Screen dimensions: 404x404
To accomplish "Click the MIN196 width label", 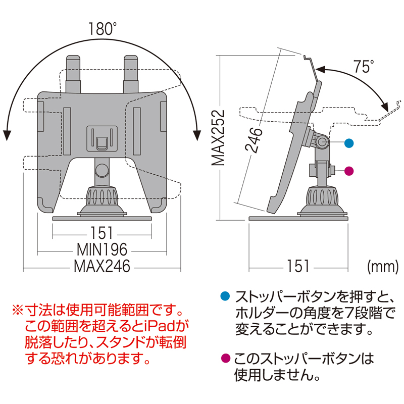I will point(102,248).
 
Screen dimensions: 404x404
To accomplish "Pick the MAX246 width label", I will point(102,266).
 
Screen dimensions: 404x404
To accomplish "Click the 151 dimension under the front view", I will point(102,234).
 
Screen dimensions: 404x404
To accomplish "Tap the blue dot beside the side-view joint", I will point(348,143).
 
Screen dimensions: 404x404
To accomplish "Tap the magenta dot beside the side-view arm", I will point(348,171).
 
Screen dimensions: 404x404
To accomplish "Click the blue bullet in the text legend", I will point(226,296).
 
